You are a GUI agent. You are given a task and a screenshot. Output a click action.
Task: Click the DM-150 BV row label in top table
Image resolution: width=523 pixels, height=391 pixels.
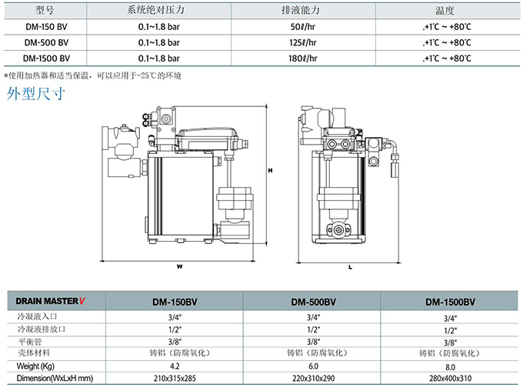[x=45, y=27]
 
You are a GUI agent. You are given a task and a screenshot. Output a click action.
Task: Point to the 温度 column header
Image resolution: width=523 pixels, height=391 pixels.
[x=445, y=12]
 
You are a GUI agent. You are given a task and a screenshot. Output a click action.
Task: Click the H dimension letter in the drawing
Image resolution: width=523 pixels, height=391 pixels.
[x=269, y=170]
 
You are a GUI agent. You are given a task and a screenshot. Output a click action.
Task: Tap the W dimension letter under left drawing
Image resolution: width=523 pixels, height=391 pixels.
[x=178, y=267]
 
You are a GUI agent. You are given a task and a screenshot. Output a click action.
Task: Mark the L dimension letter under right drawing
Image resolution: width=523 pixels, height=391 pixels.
[x=350, y=267]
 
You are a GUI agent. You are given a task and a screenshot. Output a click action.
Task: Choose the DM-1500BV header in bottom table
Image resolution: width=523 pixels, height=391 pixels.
[x=450, y=302]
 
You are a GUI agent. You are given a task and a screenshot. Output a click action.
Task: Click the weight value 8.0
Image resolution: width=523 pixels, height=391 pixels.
[x=450, y=366]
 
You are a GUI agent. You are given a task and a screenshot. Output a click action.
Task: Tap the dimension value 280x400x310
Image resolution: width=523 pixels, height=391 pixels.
[x=450, y=378]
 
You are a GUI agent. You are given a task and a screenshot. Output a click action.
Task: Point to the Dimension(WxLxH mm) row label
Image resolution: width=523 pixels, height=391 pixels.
[x=50, y=378]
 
